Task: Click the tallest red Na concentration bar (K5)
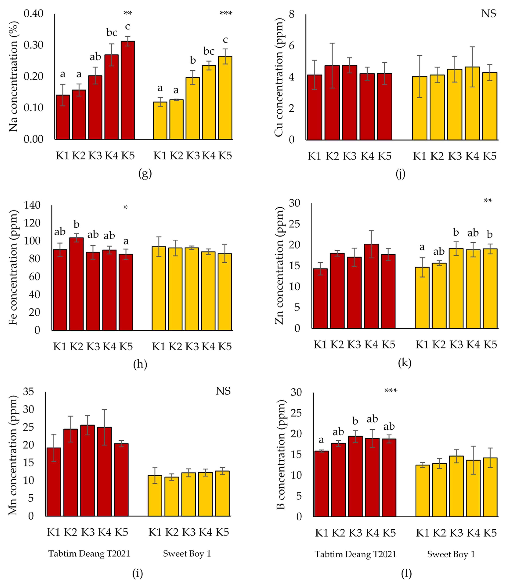(x=128, y=91)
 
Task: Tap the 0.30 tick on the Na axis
(x=33, y=45)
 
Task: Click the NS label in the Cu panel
(x=488, y=14)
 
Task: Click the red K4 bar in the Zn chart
(x=371, y=286)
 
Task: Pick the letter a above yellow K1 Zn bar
(x=422, y=247)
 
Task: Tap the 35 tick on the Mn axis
(x=29, y=392)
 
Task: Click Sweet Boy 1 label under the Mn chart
(x=187, y=554)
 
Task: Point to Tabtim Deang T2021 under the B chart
(x=355, y=554)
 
